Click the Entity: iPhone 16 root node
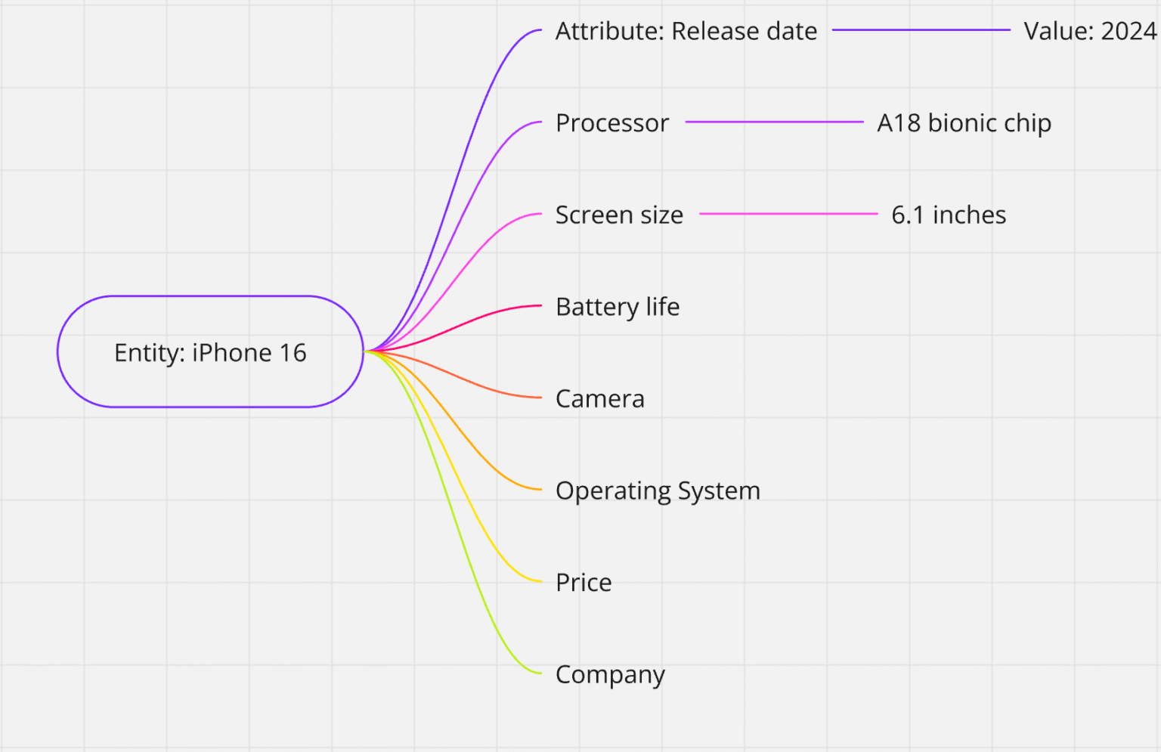click(210, 352)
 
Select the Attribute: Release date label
click(686, 31)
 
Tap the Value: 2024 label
click(1089, 31)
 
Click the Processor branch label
click(611, 123)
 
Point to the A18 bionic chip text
click(964, 123)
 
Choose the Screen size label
click(619, 215)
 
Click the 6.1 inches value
click(949, 215)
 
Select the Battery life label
click(618, 307)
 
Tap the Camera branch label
click(600, 399)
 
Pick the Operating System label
click(658, 491)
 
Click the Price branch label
click(584, 583)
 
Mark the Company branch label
click(610, 675)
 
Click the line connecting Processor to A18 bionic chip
click(774, 122)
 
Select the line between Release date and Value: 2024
click(921, 30)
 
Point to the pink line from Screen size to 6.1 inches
click(788, 214)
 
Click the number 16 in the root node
click(293, 353)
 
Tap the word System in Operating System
click(719, 491)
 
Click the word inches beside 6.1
click(969, 215)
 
